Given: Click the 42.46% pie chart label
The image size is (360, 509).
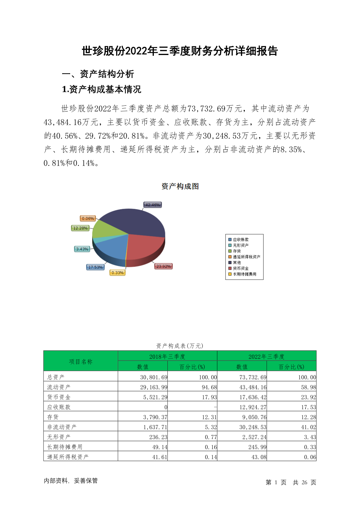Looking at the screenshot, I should click(152, 205).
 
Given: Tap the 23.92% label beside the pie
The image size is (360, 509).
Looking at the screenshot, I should click(164, 266).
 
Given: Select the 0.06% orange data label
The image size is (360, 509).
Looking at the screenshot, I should click(88, 219).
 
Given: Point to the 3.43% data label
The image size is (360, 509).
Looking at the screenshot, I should click(82, 249).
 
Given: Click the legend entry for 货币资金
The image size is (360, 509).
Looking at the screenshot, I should click(241, 268).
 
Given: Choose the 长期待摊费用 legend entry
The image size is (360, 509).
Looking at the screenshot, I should click(244, 274).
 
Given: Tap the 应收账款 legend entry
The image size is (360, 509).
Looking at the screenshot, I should click(241, 240).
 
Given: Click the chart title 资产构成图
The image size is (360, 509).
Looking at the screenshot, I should click(180, 186).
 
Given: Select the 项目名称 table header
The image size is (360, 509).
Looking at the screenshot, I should click(81, 361).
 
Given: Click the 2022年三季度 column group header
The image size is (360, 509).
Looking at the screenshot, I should click(266, 357).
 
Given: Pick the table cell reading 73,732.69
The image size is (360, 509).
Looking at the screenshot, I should click(253, 377).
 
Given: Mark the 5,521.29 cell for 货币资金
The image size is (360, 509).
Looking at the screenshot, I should click(155, 397).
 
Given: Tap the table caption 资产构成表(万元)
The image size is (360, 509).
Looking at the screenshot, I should click(180, 346).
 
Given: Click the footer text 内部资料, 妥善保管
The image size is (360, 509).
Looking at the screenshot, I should click(71, 481).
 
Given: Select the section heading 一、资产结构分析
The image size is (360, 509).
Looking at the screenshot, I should click(98, 74).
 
